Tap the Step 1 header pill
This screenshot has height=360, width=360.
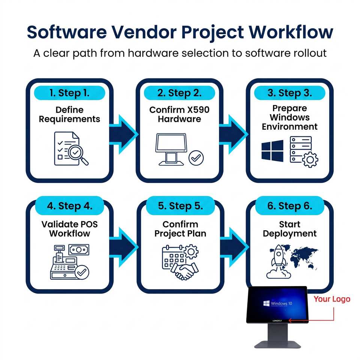click(70, 93)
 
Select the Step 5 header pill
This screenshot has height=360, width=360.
click(180, 206)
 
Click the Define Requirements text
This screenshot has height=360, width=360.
click(69, 114)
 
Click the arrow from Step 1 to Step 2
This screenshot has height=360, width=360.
click(123, 135)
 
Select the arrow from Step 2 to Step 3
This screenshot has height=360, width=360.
click(234, 135)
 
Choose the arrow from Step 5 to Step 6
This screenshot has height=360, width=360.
click(234, 247)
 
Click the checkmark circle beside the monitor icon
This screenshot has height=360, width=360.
click(196, 158)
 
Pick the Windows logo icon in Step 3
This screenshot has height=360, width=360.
click(272, 151)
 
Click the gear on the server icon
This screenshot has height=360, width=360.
click(310, 160)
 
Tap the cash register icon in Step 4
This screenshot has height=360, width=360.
click(64, 262)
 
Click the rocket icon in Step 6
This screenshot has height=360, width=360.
click(278, 261)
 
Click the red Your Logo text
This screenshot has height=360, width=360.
click(332, 299)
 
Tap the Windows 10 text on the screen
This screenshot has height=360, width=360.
click(281, 303)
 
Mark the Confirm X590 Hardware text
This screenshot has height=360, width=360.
click(179, 114)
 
